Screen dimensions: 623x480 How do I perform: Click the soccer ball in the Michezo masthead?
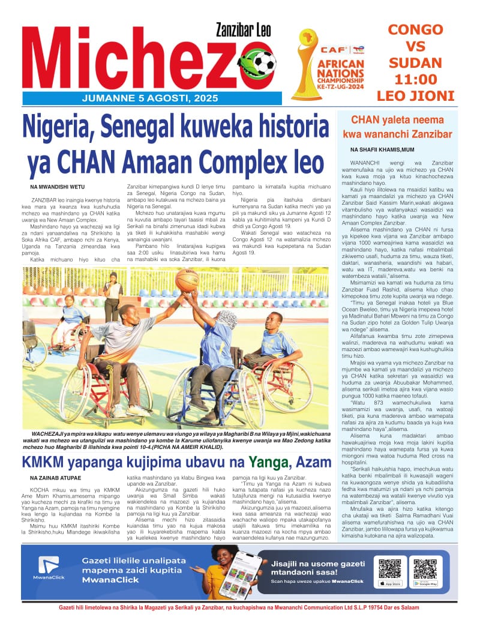pyautogui.click(x=262, y=62)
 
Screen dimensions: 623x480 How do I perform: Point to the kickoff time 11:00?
pyautogui.click(x=415, y=79)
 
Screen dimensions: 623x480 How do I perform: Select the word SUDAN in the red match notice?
pyautogui.click(x=415, y=62)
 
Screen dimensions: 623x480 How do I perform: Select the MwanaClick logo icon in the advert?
pyautogui.click(x=49, y=564)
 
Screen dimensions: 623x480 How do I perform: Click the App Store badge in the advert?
pyautogui.click(x=390, y=583)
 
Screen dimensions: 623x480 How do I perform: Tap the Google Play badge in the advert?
pyautogui.click(x=425, y=583)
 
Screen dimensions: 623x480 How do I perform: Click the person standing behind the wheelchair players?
pyautogui.click(x=112, y=296)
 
